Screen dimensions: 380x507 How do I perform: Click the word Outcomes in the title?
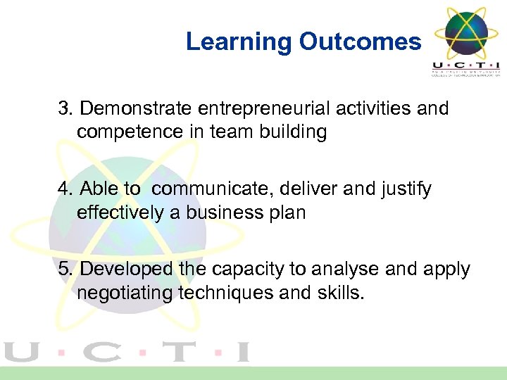click(359, 42)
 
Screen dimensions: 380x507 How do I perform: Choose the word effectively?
click(120, 213)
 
